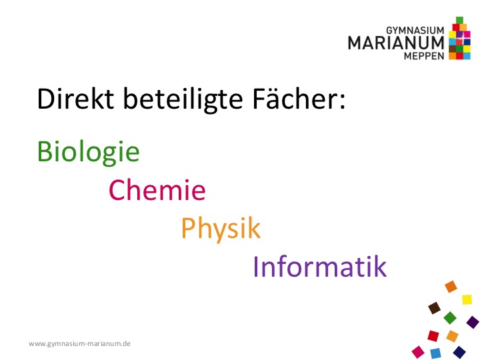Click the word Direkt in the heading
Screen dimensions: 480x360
(x=75, y=99)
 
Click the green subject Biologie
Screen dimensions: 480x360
(x=88, y=153)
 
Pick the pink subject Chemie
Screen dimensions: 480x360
(x=157, y=190)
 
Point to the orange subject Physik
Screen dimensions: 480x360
(x=221, y=229)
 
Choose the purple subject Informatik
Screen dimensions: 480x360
(x=320, y=266)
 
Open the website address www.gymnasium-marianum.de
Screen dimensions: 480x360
(x=79, y=343)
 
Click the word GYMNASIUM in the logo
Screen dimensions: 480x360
(x=415, y=31)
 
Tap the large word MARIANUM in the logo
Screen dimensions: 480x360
(x=396, y=43)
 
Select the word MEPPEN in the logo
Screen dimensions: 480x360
(x=424, y=56)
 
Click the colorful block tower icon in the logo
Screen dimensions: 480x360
(x=459, y=38)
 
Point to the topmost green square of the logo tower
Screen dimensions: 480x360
(x=459, y=20)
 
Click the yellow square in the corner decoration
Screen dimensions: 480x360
(x=467, y=299)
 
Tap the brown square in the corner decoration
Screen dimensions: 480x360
(x=434, y=308)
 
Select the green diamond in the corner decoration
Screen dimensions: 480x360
(x=450, y=318)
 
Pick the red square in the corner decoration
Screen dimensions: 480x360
(x=433, y=336)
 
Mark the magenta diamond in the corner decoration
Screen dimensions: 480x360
(x=418, y=352)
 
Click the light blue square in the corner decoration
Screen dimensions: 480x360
(x=435, y=353)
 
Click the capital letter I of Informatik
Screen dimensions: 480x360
(x=255, y=266)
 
